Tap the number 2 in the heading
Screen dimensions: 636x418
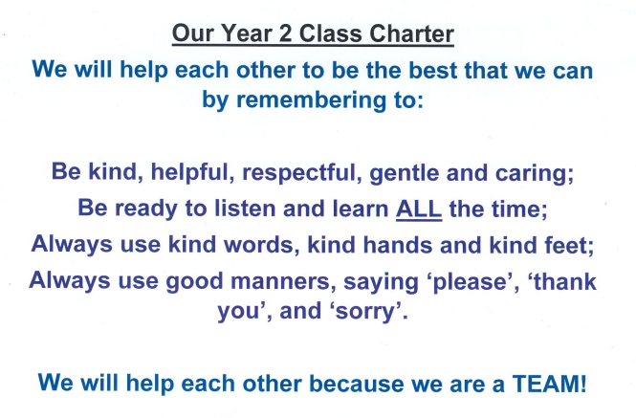[x=285, y=33]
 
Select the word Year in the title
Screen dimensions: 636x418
[x=246, y=33]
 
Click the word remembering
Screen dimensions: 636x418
[x=311, y=99]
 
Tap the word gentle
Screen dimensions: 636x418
[x=404, y=173]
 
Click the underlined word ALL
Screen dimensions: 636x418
[x=419, y=209]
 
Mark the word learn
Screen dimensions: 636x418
[x=361, y=209]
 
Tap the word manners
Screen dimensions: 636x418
[x=283, y=281]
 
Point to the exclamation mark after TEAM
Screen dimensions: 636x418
[x=583, y=384]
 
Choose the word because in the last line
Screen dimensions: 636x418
[x=357, y=384]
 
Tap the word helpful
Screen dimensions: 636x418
[x=192, y=172]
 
